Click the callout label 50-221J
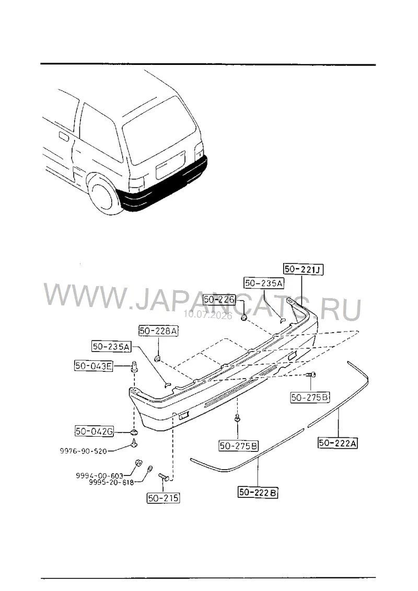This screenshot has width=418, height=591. (x=303, y=269)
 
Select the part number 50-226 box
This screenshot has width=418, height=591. (x=219, y=300)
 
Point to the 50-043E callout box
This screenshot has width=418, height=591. (x=94, y=366)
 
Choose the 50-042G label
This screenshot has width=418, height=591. (x=94, y=431)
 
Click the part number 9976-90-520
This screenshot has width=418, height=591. (x=83, y=451)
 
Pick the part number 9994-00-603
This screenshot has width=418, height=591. (x=100, y=475)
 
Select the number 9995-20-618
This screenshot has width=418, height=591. (x=111, y=482)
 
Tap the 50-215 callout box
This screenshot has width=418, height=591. (x=163, y=498)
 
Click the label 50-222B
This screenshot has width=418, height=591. (x=258, y=492)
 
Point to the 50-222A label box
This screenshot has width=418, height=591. (x=338, y=443)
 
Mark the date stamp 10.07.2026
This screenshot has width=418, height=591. (x=208, y=315)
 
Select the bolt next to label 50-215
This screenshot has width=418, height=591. (x=164, y=477)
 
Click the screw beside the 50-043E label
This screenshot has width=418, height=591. (x=134, y=366)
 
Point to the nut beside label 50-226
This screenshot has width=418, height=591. (x=244, y=317)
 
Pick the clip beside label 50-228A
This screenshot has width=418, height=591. (x=158, y=357)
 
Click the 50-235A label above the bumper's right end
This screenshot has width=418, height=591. (x=264, y=283)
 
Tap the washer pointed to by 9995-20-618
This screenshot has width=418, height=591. (x=149, y=468)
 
